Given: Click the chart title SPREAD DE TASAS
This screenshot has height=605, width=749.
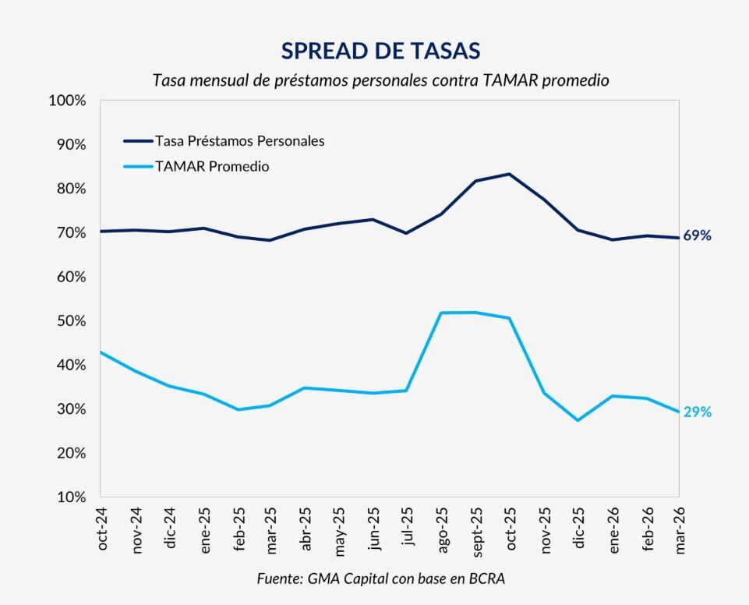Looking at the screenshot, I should click(x=380, y=51).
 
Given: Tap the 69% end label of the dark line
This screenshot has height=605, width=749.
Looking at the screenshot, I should click(x=697, y=235).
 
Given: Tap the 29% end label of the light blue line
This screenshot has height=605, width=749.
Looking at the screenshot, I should click(x=697, y=412).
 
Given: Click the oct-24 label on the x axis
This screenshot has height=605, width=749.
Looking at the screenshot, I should click(x=102, y=529).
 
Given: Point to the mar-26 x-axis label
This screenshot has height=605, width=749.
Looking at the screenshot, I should click(x=680, y=529).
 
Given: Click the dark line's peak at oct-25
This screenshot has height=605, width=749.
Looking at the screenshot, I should click(x=510, y=174).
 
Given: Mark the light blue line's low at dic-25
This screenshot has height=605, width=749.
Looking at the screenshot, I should click(x=578, y=420).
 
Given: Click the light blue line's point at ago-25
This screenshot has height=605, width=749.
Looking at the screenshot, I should click(x=441, y=313).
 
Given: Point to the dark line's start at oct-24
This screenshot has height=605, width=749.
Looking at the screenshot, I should click(x=101, y=231).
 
